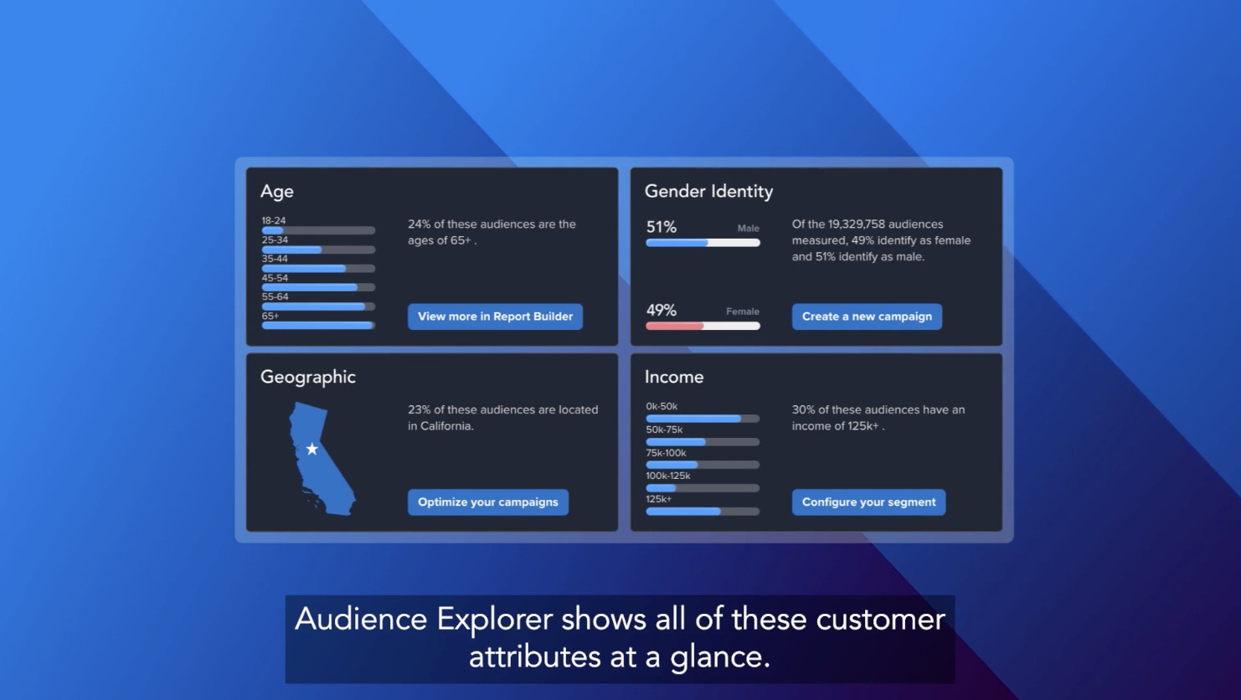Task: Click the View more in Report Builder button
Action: [495, 317]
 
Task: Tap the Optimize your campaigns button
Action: [487, 502]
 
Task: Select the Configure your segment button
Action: [868, 502]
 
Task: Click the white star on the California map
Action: [312, 450]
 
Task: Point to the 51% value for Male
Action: [661, 227]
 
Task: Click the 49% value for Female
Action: [661, 311]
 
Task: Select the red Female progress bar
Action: [675, 327]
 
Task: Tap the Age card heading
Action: [276, 192]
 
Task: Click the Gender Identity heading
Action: [708, 192]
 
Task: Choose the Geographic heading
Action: [307, 378]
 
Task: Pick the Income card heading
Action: [673, 378]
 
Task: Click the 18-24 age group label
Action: [273, 221]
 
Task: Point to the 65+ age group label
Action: [270, 317]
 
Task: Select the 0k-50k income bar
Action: [693, 419]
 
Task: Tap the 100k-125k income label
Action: [667, 476]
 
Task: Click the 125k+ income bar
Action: [683, 511]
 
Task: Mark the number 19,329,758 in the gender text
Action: [856, 224]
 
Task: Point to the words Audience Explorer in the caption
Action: [424, 620]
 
